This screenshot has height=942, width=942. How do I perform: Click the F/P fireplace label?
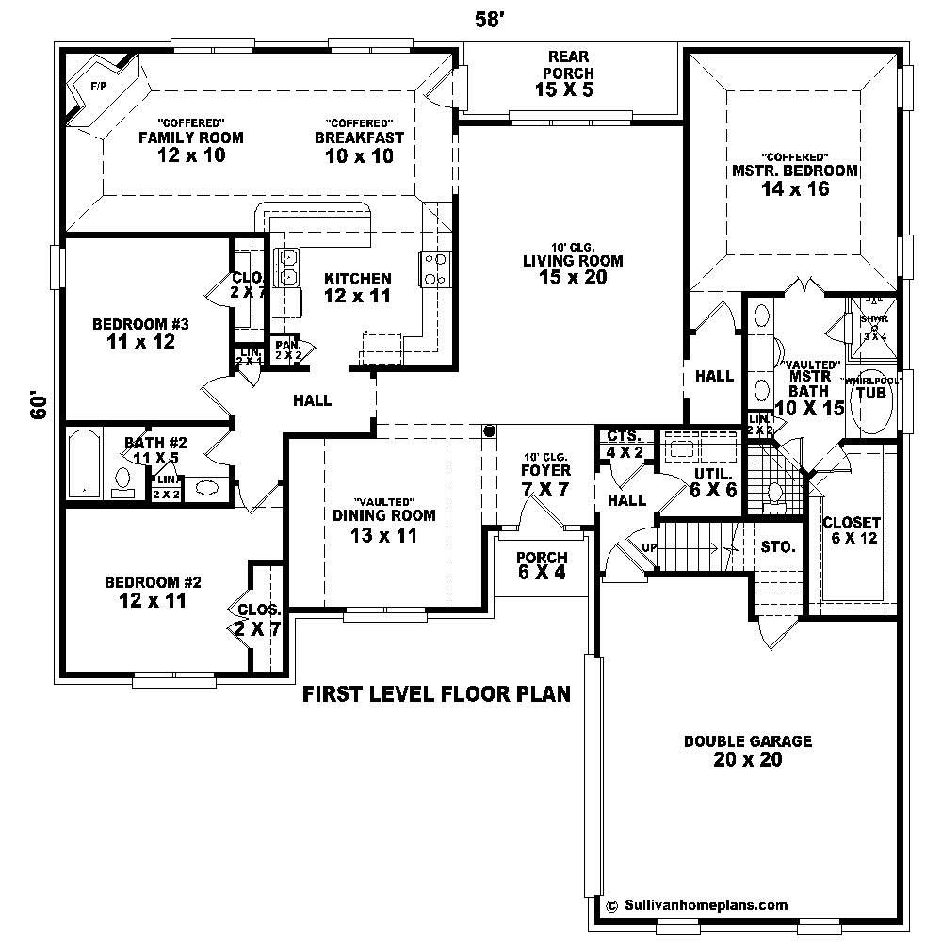coord(97,87)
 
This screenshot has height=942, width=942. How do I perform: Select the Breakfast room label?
coord(359,138)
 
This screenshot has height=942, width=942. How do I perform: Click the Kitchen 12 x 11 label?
coord(357,287)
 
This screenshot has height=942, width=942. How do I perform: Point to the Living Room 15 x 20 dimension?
coord(574,278)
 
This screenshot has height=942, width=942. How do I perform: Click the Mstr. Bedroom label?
coord(795,171)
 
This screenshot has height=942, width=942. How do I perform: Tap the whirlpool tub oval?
coord(871,399)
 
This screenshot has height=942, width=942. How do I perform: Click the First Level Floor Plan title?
coord(436,695)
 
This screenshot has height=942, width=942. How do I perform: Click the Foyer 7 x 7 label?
coord(545,478)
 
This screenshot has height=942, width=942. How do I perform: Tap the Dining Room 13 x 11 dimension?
coord(383,535)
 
